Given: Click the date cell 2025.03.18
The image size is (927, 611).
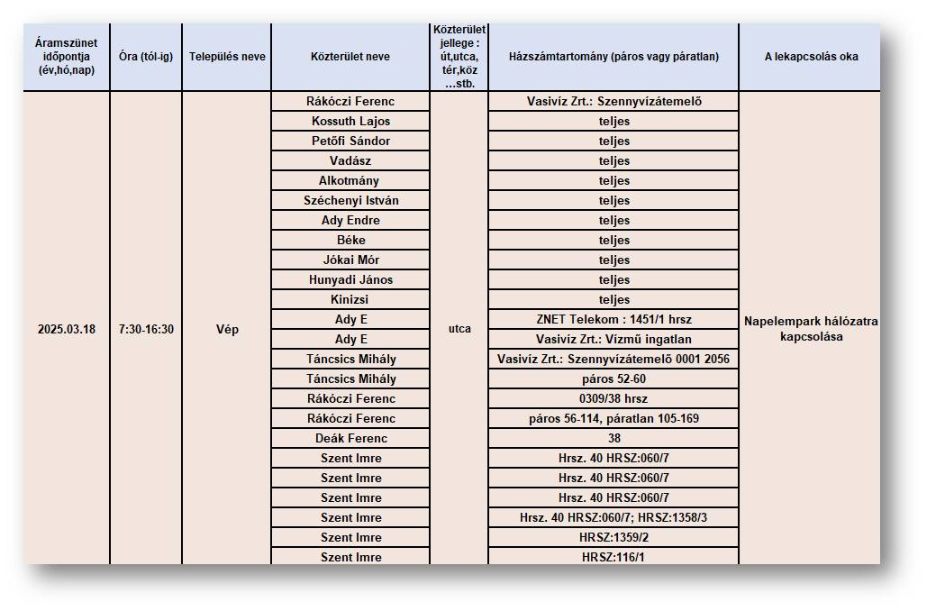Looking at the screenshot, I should click(x=67, y=329).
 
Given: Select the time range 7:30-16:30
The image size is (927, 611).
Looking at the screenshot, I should click(x=146, y=329).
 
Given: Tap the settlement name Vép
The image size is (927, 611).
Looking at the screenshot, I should click(x=227, y=329).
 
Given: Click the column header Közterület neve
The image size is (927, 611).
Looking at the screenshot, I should click(x=350, y=57).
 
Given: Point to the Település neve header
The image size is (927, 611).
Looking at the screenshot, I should click(x=227, y=57).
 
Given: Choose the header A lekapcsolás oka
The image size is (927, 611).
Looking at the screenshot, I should click(x=811, y=57).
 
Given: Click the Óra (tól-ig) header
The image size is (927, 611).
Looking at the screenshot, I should click(x=146, y=57).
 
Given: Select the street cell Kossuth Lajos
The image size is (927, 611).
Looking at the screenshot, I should click(x=350, y=121).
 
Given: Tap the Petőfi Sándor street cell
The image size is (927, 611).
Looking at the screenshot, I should click(x=350, y=141).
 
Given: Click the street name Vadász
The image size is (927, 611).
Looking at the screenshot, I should click(x=350, y=160).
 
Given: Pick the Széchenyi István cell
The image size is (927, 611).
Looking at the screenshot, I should click(x=350, y=200).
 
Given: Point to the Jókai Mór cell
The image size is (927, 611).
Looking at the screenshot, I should click(x=350, y=260).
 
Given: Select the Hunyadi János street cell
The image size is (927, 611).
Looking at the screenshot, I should click(x=350, y=279).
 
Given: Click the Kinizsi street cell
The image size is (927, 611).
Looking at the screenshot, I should click(x=350, y=299).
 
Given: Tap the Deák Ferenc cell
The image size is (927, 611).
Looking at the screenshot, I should click(x=350, y=438).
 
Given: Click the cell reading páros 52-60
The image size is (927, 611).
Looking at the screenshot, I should click(x=613, y=378).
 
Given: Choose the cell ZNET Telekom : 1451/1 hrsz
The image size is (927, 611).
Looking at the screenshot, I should click(x=613, y=319).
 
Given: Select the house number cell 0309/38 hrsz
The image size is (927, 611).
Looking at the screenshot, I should click(x=613, y=398).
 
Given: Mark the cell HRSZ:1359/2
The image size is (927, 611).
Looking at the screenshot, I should click(x=613, y=537).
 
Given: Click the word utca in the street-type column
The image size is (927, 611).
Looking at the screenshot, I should click(x=459, y=329).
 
